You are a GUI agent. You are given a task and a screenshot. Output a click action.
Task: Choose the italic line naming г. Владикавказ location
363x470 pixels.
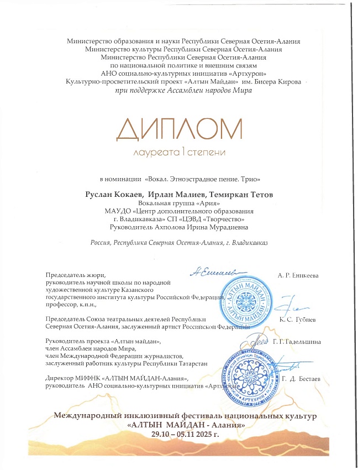pos(182,243)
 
